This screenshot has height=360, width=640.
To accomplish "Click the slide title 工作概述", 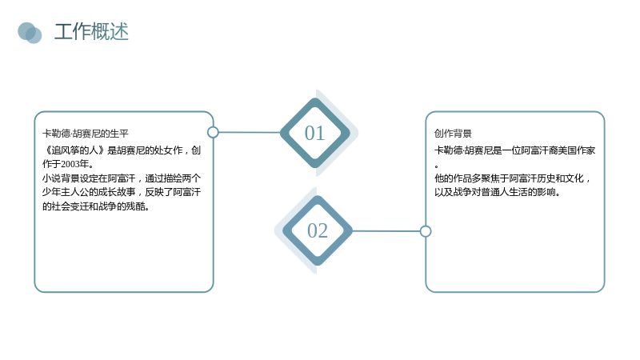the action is point(91,32).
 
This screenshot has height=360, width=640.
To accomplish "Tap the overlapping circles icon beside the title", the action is point(30,33).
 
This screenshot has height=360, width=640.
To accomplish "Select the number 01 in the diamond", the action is point(314,133).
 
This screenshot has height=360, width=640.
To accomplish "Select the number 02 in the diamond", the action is point(318,230).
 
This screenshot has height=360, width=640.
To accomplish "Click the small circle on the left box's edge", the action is point(213,132).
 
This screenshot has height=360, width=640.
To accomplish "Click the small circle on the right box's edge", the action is point(426,231).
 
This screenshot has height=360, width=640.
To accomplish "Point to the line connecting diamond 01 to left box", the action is point(250,132).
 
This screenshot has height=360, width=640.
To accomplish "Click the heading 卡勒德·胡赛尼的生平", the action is point(86,134).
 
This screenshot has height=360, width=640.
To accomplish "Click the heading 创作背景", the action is point(453,134).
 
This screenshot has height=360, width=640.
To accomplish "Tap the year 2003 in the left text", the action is point(70,164).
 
